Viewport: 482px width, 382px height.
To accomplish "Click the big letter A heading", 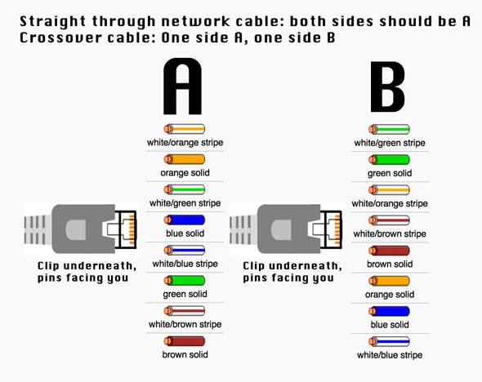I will click(x=183, y=86).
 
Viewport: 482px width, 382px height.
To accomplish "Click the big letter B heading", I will click(x=389, y=86).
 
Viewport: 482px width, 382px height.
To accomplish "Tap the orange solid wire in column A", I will click(x=184, y=159).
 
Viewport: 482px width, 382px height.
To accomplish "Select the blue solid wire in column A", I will click(x=184, y=220).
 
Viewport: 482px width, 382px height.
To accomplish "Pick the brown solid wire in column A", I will click(x=184, y=340).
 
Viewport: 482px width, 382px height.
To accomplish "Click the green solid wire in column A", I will click(x=184, y=280).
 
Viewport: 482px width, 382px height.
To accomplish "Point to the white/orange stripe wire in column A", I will click(x=184, y=129).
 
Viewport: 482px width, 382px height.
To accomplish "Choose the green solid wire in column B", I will click(x=389, y=159).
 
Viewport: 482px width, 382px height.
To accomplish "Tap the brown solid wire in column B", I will click(x=389, y=251).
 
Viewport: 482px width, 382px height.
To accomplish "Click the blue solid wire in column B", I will click(x=389, y=311).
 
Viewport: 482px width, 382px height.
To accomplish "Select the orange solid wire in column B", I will click(x=389, y=281).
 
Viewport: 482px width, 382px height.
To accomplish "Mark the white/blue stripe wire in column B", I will click(x=389, y=341).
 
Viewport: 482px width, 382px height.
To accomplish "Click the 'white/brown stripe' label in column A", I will click(x=184, y=324).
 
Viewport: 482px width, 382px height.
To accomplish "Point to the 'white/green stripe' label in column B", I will click(x=390, y=143).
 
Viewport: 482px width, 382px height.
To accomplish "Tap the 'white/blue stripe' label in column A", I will click(x=185, y=264).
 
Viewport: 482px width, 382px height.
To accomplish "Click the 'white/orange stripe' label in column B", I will click(x=390, y=203).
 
